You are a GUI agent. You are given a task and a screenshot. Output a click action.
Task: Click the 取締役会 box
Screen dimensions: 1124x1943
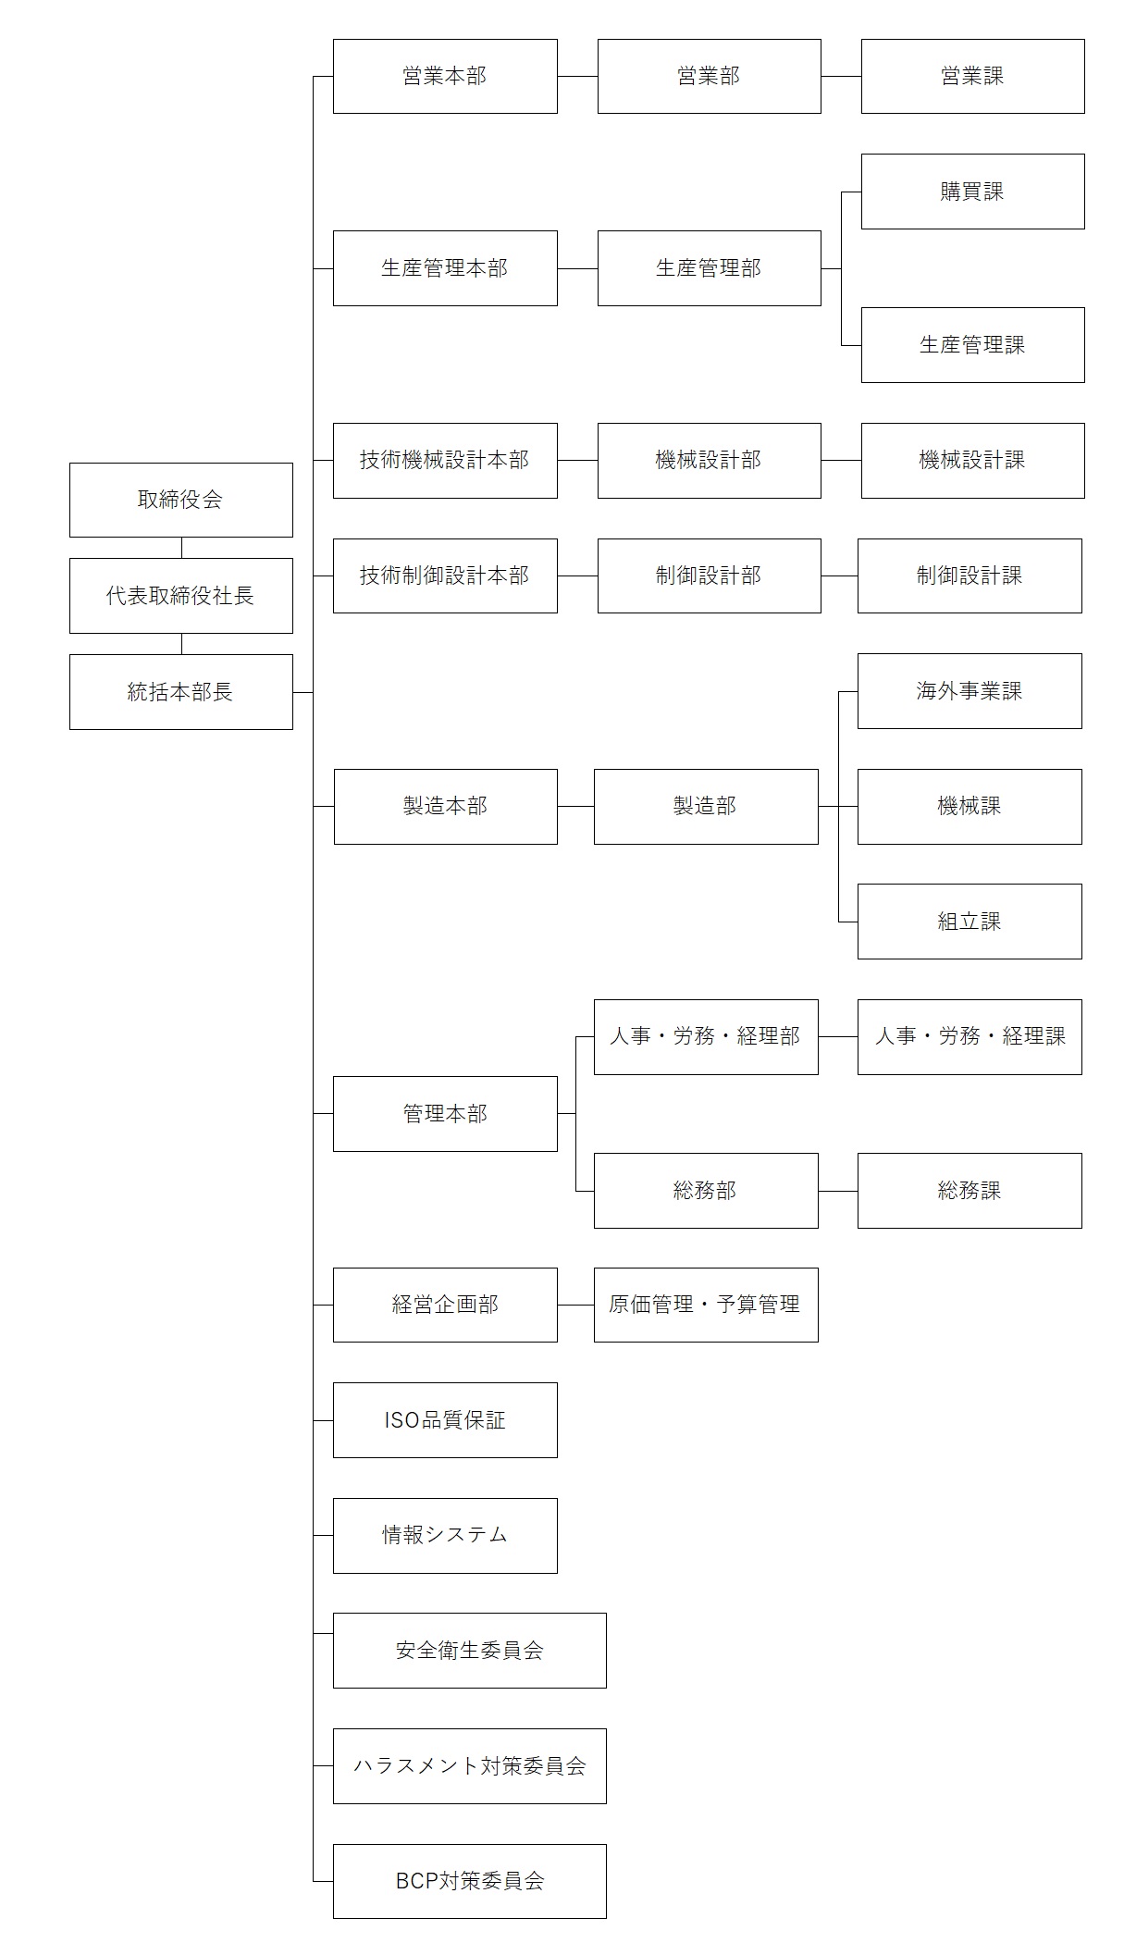point(181,500)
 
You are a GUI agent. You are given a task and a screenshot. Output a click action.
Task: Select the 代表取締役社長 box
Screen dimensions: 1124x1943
point(181,596)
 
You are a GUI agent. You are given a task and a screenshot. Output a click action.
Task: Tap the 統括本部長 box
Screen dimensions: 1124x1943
point(181,692)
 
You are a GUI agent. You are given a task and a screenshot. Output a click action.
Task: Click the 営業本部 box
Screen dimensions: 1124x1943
point(445,76)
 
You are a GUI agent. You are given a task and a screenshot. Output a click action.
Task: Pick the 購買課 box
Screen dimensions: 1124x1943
point(972,192)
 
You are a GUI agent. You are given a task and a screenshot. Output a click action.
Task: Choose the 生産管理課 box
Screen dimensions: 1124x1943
point(972,345)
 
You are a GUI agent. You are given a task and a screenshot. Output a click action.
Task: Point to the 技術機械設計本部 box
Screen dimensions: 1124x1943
point(445,461)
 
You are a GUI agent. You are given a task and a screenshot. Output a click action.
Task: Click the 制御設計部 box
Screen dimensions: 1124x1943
point(709,575)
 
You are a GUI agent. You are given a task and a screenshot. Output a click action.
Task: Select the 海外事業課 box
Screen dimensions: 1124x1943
point(970,691)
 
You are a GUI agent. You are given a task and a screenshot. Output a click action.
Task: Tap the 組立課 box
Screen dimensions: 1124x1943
point(970,922)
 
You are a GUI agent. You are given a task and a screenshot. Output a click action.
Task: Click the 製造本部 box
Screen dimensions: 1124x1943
point(445,807)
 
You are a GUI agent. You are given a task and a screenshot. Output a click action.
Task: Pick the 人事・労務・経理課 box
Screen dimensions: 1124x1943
point(970,1037)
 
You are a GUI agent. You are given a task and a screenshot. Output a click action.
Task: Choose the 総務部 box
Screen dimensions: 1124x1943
point(706,1191)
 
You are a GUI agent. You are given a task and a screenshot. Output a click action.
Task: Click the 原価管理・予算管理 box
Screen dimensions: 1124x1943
point(706,1305)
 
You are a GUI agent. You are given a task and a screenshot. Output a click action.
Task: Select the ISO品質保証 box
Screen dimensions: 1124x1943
point(445,1420)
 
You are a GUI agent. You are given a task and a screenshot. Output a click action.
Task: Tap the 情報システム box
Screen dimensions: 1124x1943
point(445,1536)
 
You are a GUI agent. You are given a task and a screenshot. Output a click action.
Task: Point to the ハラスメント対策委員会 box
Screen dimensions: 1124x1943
point(470,1766)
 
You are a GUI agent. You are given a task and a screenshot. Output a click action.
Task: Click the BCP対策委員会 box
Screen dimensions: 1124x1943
point(470,1881)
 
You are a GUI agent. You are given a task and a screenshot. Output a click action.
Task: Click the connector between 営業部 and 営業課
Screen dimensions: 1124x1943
point(841,77)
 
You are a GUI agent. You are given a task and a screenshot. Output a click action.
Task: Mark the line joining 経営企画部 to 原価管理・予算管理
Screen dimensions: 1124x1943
point(575,1306)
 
